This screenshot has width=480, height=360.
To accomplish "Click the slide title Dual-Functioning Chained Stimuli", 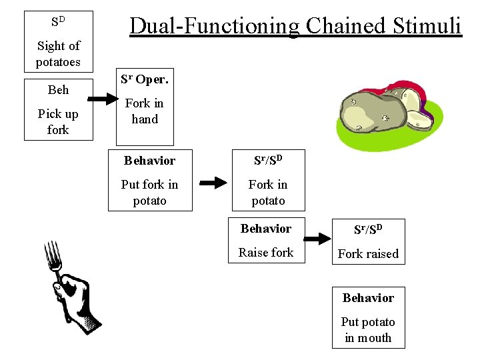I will tap(295, 26).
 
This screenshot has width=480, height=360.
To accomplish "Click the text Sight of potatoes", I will tap(58, 54).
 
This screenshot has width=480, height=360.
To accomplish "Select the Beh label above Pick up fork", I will tap(58, 89).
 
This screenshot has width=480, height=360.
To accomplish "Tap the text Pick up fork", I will tap(58, 121).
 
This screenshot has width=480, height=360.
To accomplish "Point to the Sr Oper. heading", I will tap(145, 79).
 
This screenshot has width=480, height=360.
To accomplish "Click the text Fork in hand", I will tap(145, 111).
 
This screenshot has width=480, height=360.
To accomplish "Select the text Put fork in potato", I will tap(149, 193).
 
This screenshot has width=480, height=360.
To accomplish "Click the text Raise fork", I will tap(266, 253).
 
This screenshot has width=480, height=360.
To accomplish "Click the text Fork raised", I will tap(368, 254).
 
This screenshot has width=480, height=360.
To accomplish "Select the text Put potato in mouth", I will tap(368, 330).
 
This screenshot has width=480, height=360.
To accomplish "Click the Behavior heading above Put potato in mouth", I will tap(368, 298).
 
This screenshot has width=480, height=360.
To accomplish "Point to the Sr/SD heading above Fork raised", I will tap(368, 230).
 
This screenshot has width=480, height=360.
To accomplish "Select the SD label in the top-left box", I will tap(58, 21).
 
